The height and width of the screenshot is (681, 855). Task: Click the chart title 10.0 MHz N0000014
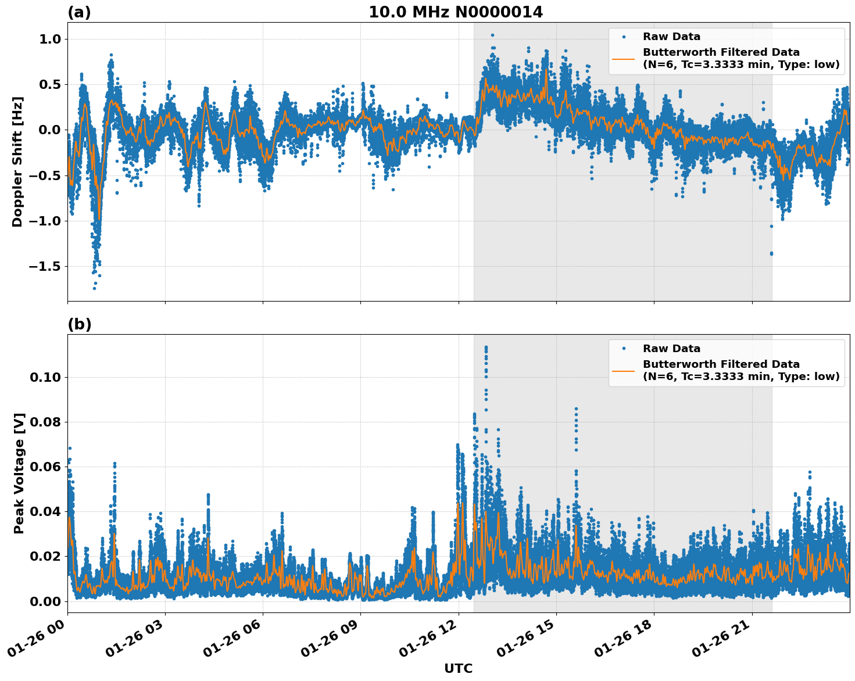point(456,12)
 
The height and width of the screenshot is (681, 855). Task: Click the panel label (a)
point(79,12)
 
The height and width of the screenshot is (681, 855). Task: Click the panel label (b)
point(79,324)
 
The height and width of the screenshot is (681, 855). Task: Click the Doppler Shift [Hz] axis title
point(18,162)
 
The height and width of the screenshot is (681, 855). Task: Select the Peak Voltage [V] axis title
point(19,473)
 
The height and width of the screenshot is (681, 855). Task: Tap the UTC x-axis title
point(458,668)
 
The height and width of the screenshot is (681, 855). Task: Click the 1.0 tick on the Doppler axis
point(50,39)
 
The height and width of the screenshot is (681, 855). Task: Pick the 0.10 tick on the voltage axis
point(45,377)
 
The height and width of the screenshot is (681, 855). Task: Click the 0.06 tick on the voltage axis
point(45,467)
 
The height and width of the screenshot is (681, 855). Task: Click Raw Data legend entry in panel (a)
point(671,37)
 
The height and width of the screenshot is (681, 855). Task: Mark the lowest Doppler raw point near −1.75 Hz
point(94,288)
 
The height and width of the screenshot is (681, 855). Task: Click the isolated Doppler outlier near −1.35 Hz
point(771,253)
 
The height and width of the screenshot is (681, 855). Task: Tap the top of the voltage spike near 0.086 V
point(576,408)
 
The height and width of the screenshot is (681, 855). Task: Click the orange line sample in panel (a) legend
point(624,58)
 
